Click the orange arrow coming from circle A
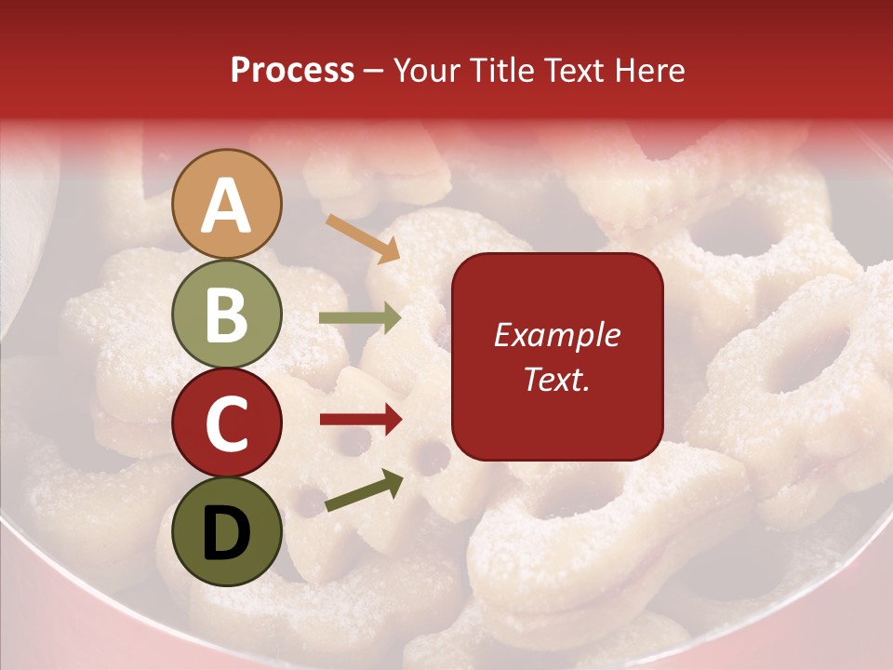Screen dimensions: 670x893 click(362, 238)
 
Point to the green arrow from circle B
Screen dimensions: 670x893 click(360, 318)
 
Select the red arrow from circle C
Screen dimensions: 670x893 click(360, 420)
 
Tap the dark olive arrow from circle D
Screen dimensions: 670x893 click(364, 491)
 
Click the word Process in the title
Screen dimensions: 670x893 click(292, 71)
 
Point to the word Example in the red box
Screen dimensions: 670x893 click(556, 335)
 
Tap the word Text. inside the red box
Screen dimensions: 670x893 click(556, 379)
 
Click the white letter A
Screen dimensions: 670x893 click(227, 207)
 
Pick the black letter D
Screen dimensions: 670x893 click(227, 532)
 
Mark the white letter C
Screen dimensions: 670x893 click(227, 423)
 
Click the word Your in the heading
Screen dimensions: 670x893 click(425, 71)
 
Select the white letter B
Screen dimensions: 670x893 click(227, 315)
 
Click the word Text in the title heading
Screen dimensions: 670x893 click(573, 71)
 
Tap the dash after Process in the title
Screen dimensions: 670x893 click(373, 72)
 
